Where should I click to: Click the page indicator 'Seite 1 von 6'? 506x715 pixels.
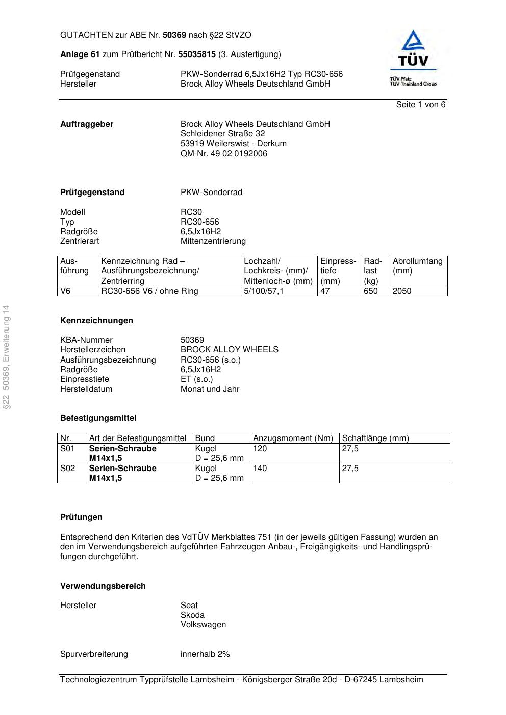[x=420, y=105]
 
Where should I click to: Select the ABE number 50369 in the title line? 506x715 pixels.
[x=174, y=35]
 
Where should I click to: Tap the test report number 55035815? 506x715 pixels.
[x=196, y=54]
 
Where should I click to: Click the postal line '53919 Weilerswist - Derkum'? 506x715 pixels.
[x=233, y=144]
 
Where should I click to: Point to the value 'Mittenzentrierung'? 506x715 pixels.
[x=213, y=241]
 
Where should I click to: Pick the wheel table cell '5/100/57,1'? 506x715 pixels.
[x=263, y=291]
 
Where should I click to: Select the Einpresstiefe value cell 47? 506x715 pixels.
[x=325, y=291]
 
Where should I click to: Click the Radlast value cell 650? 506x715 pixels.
[x=370, y=291]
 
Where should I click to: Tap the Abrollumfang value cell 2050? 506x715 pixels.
[x=401, y=291]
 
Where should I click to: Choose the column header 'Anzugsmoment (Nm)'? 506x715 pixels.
[x=293, y=438]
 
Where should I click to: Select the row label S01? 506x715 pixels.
[x=67, y=449]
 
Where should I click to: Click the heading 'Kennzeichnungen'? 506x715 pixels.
[x=96, y=321]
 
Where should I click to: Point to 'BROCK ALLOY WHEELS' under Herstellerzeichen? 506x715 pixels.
[x=229, y=350]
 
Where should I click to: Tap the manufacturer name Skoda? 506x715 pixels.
[x=192, y=615]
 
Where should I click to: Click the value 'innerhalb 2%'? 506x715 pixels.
[x=205, y=654]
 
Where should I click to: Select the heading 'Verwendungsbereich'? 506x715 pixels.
[x=103, y=586]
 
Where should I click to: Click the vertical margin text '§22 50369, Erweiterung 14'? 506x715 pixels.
[x=6, y=357]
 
